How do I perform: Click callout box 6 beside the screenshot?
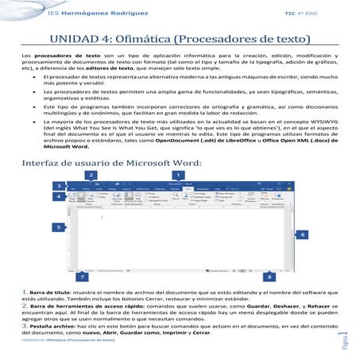click(x=302, y=235)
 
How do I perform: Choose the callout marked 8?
click(x=270, y=277)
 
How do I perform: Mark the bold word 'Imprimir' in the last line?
click(x=180, y=332)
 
